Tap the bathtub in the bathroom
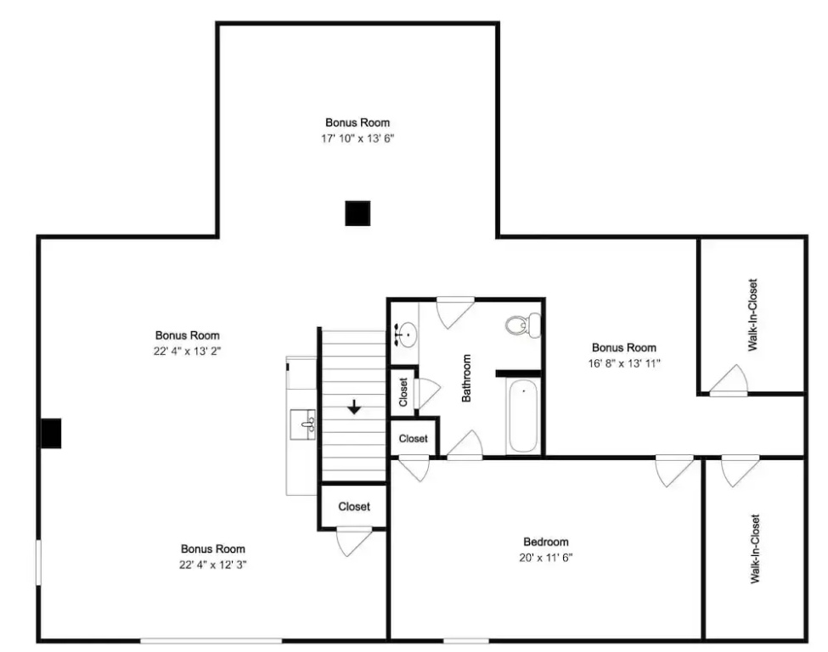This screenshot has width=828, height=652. [523, 415]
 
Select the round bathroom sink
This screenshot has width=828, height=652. [408, 334]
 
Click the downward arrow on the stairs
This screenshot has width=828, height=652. [354, 407]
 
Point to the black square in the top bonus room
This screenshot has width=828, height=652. [358, 213]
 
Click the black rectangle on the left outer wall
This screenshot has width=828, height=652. [51, 434]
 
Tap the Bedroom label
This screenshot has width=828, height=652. [546, 542]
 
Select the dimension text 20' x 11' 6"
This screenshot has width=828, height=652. [546, 558]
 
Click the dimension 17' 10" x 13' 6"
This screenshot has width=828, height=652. [358, 138]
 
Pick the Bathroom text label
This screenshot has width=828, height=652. [466, 378]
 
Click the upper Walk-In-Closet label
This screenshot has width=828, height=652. [752, 315]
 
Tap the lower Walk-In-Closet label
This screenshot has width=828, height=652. [755, 549]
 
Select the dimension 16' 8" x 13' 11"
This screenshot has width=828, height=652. [624, 363]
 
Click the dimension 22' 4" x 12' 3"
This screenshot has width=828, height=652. [213, 565]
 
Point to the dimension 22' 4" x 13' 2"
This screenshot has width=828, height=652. [187, 351]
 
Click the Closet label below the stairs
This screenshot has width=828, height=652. [354, 506]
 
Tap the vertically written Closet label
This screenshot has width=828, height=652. [403, 391]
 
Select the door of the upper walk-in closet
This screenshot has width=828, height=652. [729, 380]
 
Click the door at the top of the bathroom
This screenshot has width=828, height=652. [454, 312]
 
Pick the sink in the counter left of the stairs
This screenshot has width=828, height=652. [303, 424]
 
